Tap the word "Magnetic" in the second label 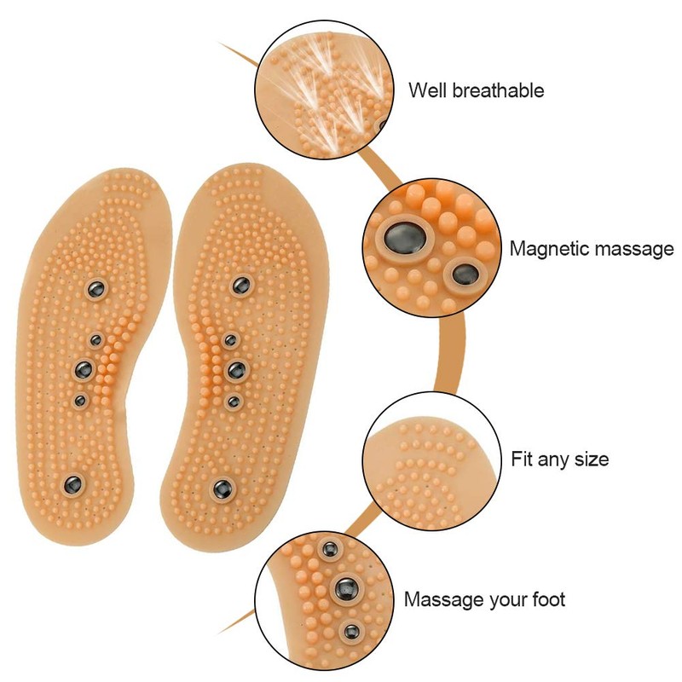[547, 249]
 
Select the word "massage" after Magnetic [632, 250]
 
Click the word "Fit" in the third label [523, 459]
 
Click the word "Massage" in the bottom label [444, 599]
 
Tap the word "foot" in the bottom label [545, 599]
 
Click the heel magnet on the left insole [71, 484]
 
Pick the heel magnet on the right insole [222, 488]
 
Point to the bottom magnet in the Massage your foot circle [350, 632]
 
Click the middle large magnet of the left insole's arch [84, 369]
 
